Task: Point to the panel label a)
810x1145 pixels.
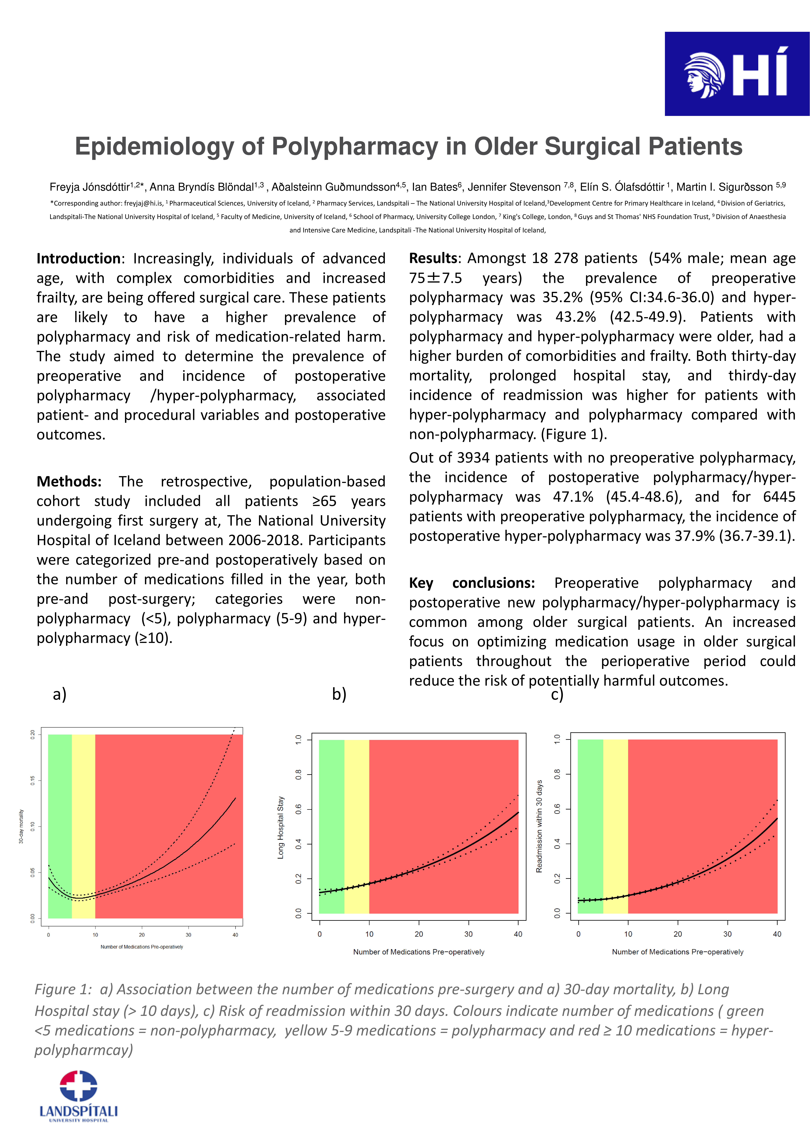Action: click(59, 694)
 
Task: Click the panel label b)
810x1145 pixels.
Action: click(339, 694)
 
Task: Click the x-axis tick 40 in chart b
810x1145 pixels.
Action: click(518, 934)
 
